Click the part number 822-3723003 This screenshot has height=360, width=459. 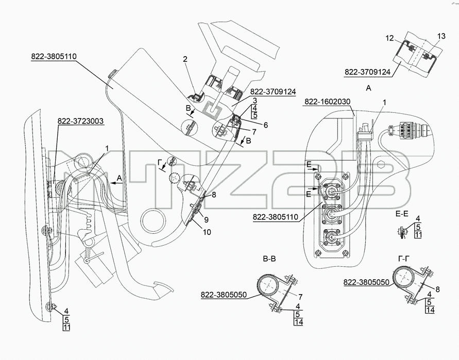pos(81,121)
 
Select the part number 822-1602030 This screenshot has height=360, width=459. pos(327,101)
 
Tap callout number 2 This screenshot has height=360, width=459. pos(185,59)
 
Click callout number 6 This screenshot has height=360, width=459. pos(265,125)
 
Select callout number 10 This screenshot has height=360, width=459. pos(207,232)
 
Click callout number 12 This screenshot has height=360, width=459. pos(389,38)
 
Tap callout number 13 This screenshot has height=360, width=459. pos(441,36)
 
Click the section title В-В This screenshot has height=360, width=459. pos(269,259)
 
